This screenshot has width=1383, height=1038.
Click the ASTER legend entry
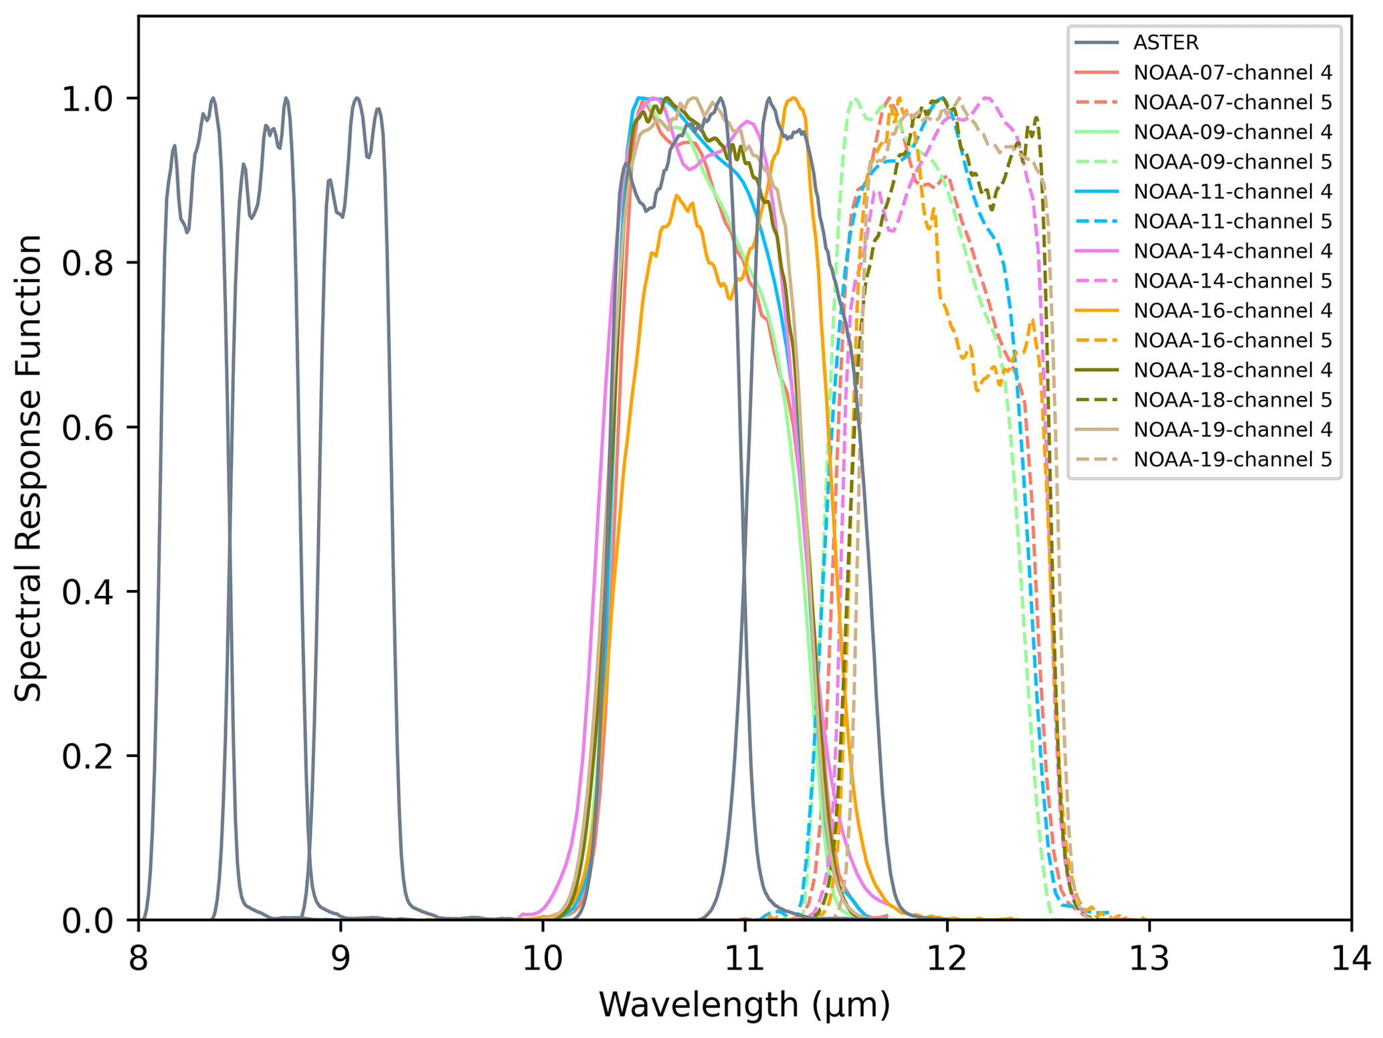1166,43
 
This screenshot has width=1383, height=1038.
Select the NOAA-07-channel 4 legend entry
1232,72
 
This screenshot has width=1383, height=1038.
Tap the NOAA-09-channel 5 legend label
1232,162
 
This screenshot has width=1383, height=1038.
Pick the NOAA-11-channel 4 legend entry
1232,191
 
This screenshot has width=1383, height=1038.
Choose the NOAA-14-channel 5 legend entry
1232,281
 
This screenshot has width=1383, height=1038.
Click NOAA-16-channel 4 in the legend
1232,310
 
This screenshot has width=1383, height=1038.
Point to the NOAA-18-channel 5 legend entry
1232,400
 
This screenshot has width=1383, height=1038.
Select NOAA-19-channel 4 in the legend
1232,429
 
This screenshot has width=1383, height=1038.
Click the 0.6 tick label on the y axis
85,427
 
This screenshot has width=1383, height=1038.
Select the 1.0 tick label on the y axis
85,98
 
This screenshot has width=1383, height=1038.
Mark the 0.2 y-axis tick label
85,756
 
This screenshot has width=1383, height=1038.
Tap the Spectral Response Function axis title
28,468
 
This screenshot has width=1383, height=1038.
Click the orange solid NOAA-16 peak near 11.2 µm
794,98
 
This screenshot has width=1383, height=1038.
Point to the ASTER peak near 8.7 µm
286,98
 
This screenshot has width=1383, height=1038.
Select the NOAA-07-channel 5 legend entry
1232,102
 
